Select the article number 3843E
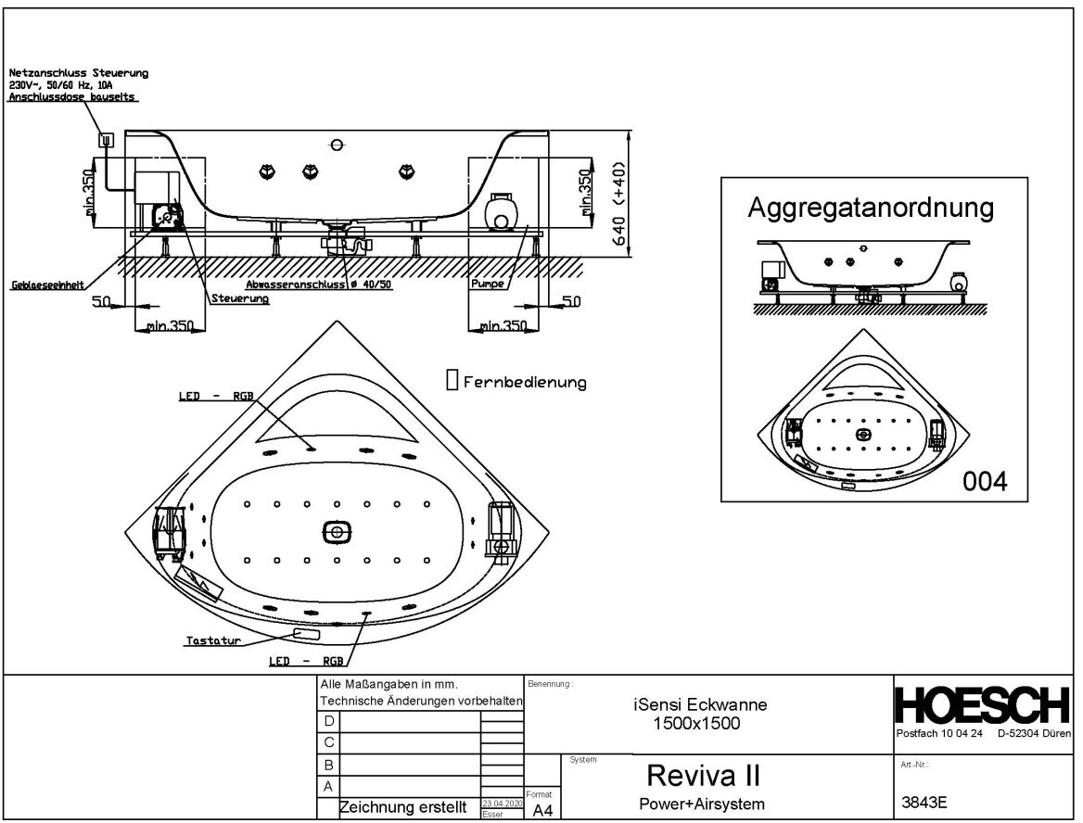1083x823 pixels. tap(924, 804)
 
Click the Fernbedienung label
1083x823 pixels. tap(525, 382)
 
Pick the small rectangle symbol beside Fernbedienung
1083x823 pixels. tap(452, 380)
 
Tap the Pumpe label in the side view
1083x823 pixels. tap(487, 284)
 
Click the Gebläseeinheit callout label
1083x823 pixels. tap(49, 285)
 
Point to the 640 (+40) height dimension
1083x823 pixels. tap(618, 204)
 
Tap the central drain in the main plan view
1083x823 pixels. tap(338, 532)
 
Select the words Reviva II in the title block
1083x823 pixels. tap(704, 774)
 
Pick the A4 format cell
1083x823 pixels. tap(542, 810)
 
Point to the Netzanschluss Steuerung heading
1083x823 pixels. tap(78, 72)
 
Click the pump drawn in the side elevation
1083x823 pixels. tap(503, 211)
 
